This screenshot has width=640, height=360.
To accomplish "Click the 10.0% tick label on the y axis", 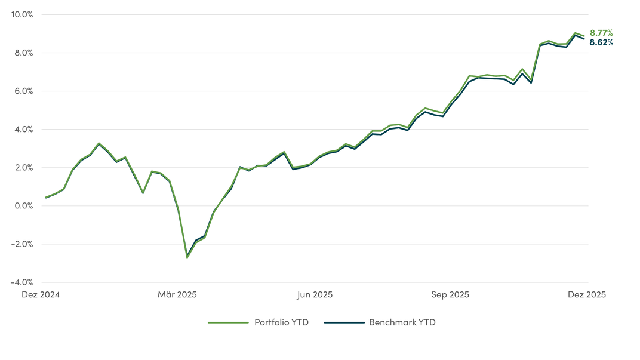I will [x=22, y=14].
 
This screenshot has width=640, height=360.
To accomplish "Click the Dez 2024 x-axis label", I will [x=41, y=294].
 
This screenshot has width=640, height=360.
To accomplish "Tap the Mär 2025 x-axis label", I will [x=177, y=294].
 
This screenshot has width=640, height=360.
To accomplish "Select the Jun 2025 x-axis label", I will [x=315, y=294].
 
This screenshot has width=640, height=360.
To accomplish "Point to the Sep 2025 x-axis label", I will [x=450, y=294].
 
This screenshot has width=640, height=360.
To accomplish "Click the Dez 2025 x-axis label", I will [x=587, y=294].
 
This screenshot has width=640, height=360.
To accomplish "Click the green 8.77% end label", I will [x=601, y=33].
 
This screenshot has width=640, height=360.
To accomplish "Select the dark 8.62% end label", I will [x=601, y=42].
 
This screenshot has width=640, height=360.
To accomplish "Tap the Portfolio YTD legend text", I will [x=281, y=322].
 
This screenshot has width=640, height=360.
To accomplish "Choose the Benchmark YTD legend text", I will [x=402, y=322].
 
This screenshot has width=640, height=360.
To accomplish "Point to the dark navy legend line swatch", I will [x=344, y=322].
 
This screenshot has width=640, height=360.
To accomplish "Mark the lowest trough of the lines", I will [x=187, y=257].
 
